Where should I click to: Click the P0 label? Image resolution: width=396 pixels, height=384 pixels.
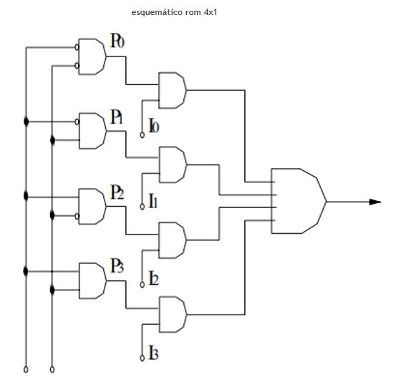point(117,40)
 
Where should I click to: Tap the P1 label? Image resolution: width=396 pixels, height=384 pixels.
point(117,117)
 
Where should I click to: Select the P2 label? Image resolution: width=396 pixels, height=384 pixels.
point(117,192)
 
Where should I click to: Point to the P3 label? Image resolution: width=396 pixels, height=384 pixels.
point(117,265)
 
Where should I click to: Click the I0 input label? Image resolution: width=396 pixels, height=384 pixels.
point(154,125)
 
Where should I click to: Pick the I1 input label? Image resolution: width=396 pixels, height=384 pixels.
point(153,201)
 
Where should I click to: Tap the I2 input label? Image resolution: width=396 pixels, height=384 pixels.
point(154,278)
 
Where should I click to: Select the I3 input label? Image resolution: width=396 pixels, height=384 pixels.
point(154,353)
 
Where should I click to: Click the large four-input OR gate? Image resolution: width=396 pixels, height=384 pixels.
point(299,201)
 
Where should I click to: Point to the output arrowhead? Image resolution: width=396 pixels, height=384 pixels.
point(375,202)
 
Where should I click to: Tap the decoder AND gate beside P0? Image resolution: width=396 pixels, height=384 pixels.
point(92,56)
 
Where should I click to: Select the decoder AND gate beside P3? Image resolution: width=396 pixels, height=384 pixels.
point(92,280)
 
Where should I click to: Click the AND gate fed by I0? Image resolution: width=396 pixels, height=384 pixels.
point(173,90)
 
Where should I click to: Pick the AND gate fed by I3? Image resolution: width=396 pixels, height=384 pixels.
point(173,315)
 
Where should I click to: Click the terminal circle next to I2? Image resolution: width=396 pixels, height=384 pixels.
point(143,285)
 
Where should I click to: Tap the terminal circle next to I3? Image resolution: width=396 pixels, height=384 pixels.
point(143,358)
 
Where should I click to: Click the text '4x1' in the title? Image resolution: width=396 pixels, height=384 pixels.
point(211,12)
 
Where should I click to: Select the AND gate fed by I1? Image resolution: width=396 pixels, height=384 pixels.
point(173,164)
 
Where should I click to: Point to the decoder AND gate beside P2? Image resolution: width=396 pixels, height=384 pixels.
point(92,207)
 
